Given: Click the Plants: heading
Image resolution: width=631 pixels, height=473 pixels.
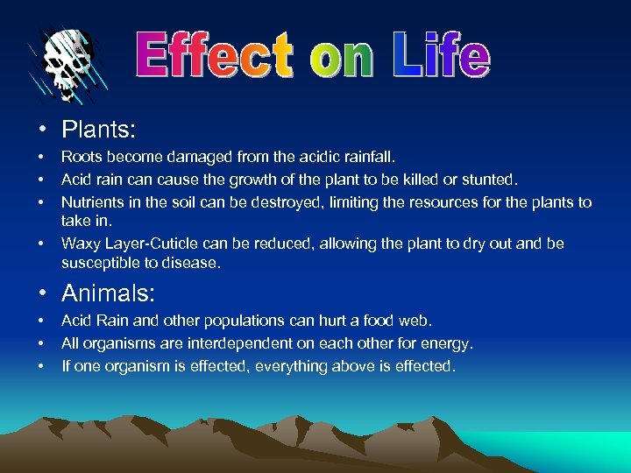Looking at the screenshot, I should (x=98, y=130).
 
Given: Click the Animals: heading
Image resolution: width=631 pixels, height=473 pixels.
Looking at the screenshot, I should (x=109, y=292).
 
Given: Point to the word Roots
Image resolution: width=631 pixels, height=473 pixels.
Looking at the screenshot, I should (x=81, y=159).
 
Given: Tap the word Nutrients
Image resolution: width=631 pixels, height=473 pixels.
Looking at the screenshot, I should (x=92, y=201).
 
